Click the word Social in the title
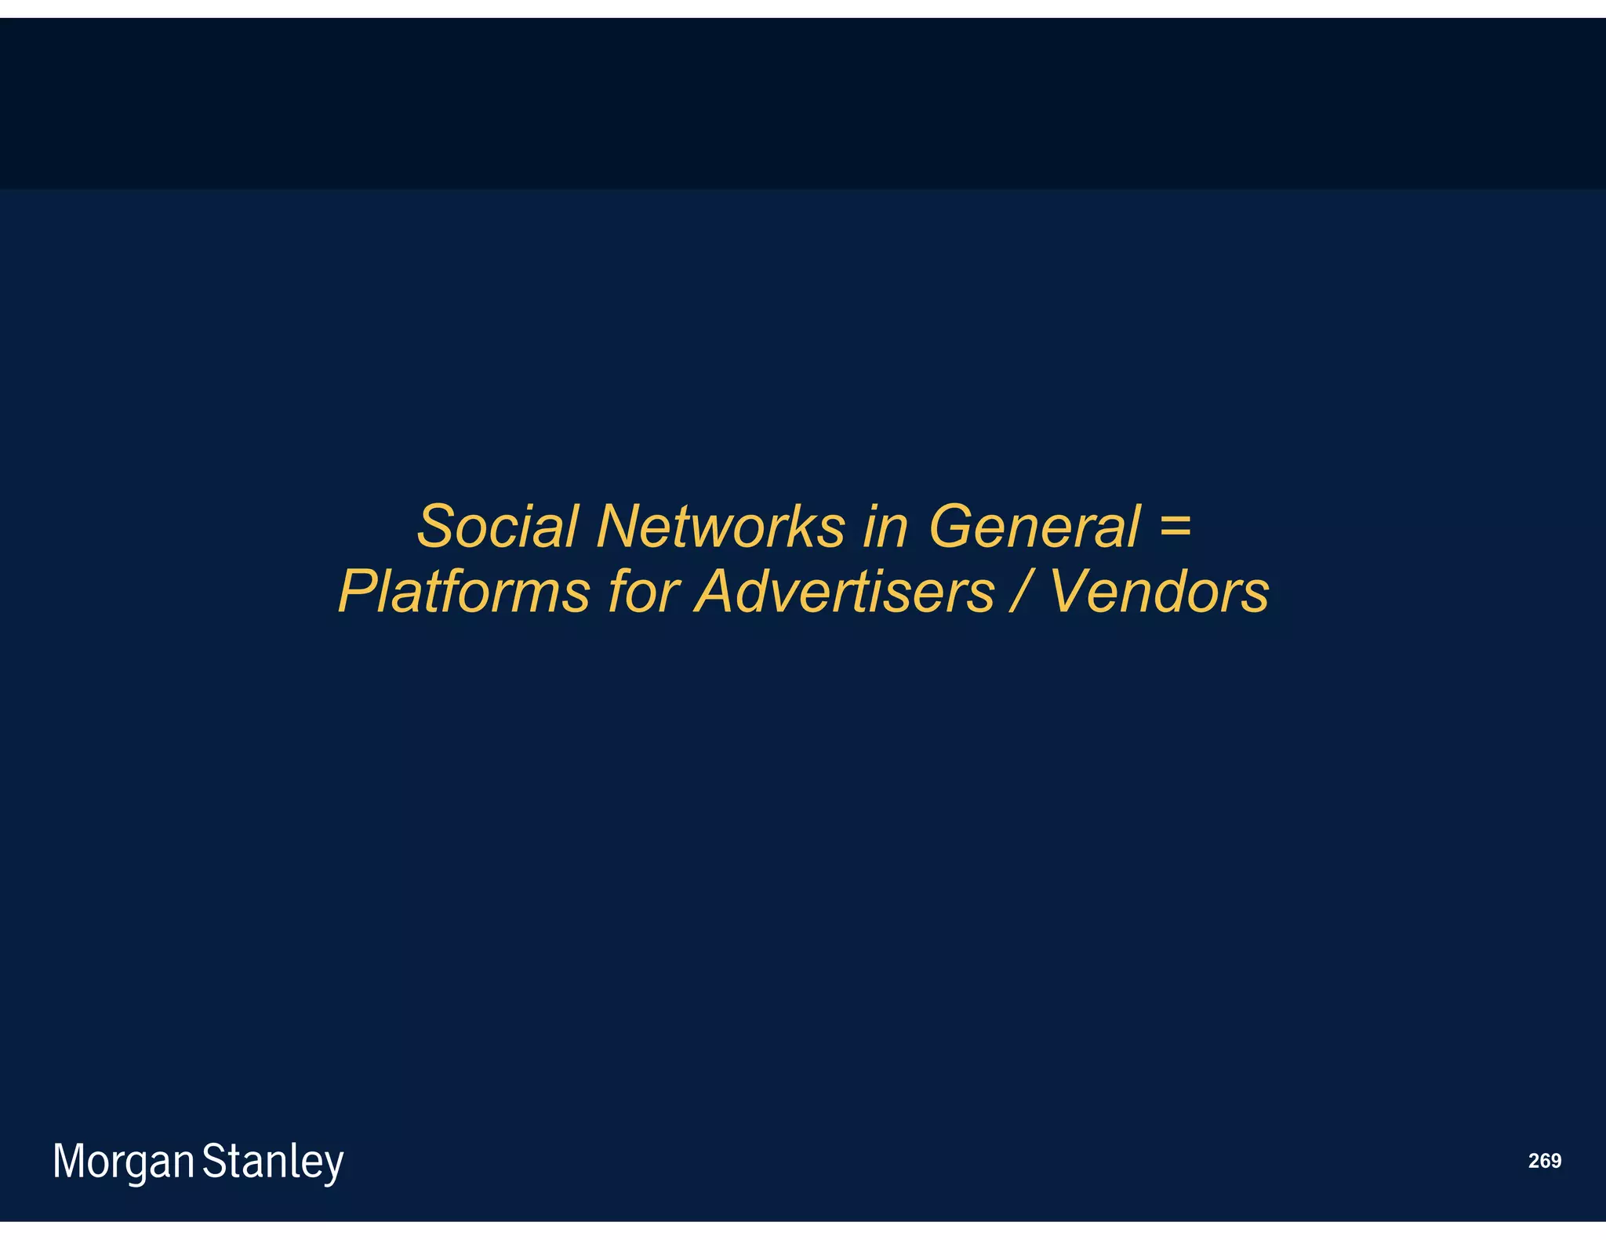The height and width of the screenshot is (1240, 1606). coord(497,526)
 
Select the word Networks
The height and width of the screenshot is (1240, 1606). coord(720,526)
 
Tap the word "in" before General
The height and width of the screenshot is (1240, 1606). coord(885,526)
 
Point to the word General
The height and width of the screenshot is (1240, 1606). coord(1034,526)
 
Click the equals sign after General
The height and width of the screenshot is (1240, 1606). coord(1174,523)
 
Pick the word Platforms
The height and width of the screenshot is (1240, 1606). coord(463,591)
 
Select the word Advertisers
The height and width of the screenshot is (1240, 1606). coord(845,591)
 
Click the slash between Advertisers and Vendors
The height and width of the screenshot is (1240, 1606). coord(1021,591)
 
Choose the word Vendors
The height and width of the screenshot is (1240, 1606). coord(1159,591)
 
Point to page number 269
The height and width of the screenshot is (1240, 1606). coord(1544,1161)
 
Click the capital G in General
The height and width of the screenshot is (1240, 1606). coord(952,526)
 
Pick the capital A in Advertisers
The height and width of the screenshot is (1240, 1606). coord(721,591)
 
